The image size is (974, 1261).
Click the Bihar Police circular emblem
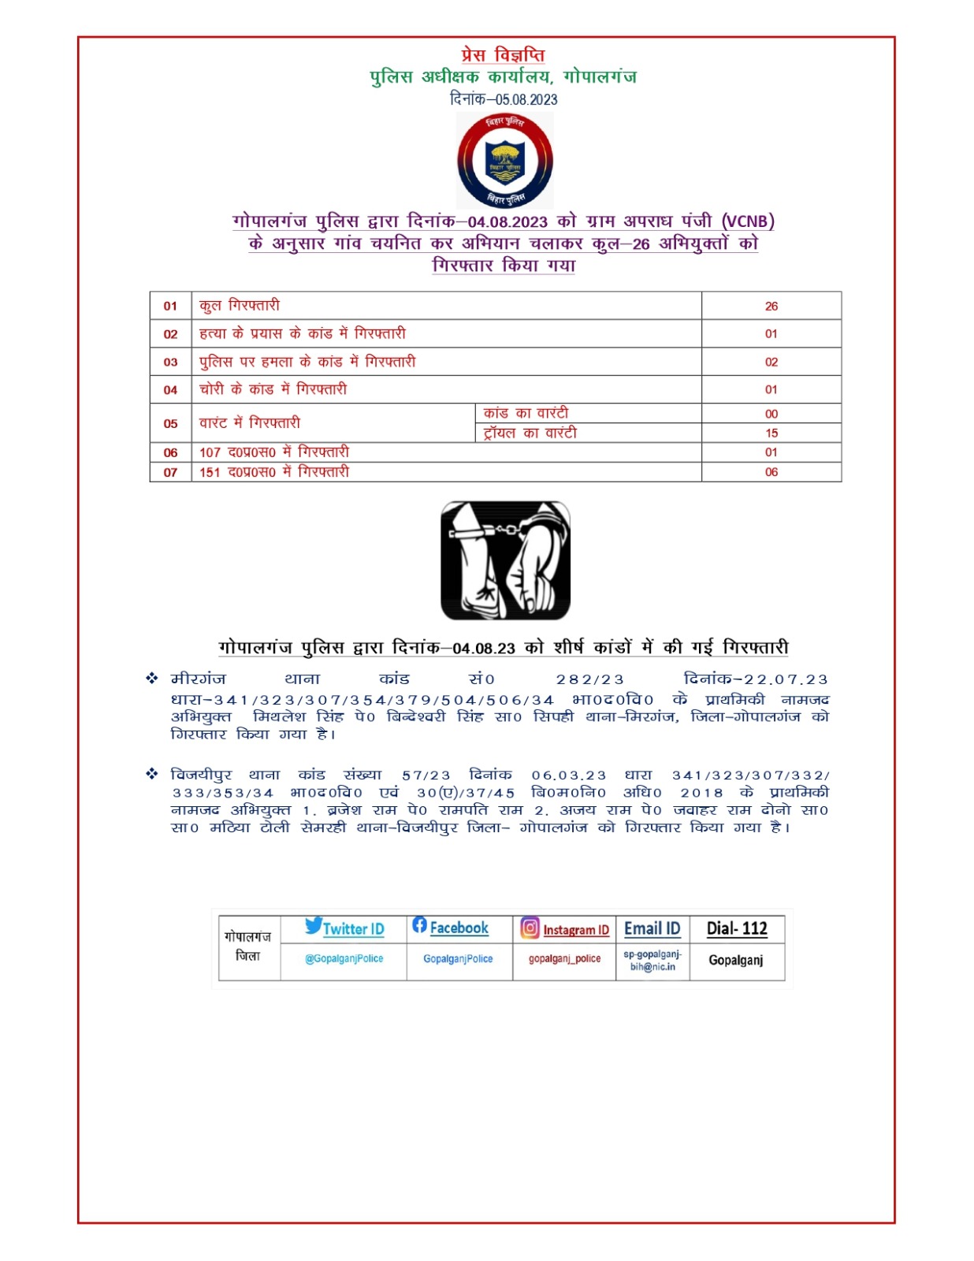tap(505, 161)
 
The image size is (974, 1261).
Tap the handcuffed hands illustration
tap(505, 560)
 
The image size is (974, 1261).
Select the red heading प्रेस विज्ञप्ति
tap(503, 55)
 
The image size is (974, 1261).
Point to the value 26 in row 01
tap(771, 306)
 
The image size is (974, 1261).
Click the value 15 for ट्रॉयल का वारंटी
tap(771, 433)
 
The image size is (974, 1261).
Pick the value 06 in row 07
tap(771, 472)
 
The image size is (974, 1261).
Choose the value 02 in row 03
tap(771, 362)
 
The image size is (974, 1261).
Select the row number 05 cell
tap(170, 423)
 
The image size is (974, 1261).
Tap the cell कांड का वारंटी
tap(526, 413)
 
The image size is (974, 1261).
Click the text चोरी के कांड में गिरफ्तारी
tap(273, 389)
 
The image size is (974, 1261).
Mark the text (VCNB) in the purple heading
tap(748, 221)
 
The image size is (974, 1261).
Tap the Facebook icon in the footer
tap(419, 925)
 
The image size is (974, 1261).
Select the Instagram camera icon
tap(530, 928)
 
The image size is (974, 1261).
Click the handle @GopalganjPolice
tap(344, 959)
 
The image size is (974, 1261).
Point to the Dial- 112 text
tap(737, 928)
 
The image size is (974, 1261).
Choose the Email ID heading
tap(652, 928)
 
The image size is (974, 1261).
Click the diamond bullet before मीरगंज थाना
tap(152, 679)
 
